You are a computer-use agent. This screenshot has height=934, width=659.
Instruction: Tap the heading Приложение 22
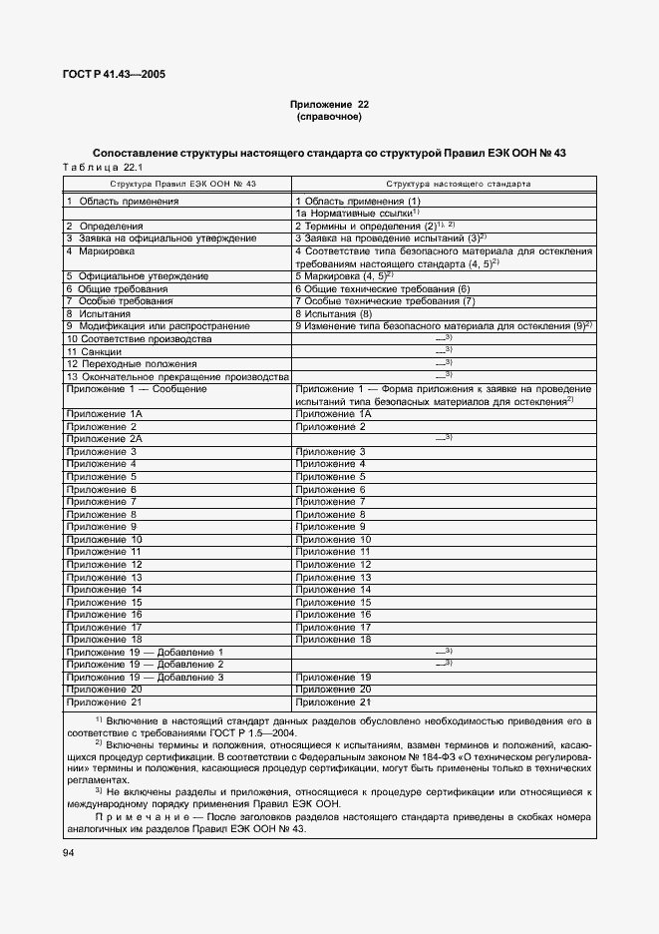point(329,105)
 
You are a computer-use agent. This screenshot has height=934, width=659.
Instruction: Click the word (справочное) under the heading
point(329,117)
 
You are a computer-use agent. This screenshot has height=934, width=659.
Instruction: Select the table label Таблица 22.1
point(103,167)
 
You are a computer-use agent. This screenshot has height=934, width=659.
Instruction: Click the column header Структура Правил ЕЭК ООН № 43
point(176,185)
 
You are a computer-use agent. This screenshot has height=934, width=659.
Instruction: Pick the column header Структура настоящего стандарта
point(444,185)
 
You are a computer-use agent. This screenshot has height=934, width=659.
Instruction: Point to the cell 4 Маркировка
point(99,251)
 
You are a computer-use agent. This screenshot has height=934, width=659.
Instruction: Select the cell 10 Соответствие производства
point(139,339)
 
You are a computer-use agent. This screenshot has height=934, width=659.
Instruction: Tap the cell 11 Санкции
point(94,352)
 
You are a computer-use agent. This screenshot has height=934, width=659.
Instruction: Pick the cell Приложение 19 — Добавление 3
point(145,678)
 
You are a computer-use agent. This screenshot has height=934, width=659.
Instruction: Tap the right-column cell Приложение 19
point(333,678)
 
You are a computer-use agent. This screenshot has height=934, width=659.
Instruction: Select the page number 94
point(69,852)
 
